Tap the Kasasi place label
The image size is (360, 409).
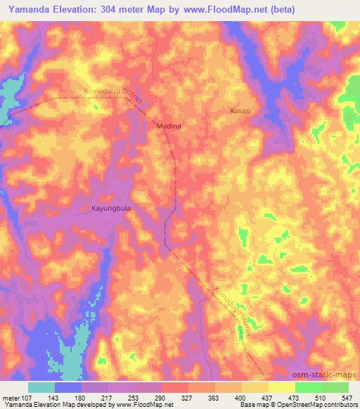[240, 111]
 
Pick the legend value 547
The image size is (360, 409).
[347, 398]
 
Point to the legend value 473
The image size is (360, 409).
[295, 398]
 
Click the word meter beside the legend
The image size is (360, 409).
[11, 398]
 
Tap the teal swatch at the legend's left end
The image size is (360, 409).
[41, 387]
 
